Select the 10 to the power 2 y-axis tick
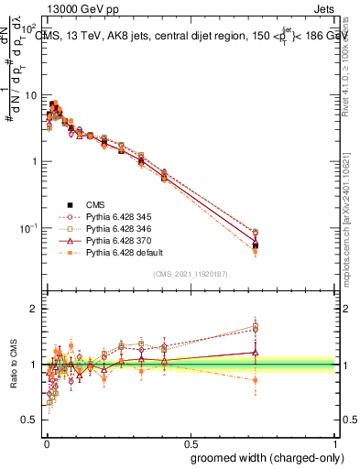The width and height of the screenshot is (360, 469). coord(30,29)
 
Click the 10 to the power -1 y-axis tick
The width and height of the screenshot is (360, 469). coord(30,227)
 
